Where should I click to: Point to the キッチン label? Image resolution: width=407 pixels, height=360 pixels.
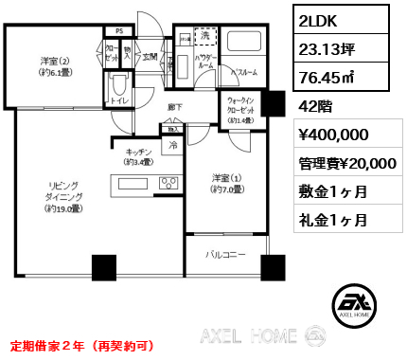click(x=130, y=156)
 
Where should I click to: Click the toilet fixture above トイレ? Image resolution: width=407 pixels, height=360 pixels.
click(x=116, y=81)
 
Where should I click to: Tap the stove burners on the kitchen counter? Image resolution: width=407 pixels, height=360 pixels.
click(x=169, y=184)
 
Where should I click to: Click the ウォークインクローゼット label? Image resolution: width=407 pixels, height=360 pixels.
click(x=243, y=109)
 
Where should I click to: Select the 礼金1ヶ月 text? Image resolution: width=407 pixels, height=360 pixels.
click(x=332, y=221)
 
